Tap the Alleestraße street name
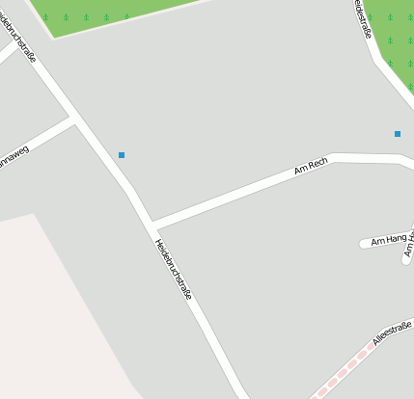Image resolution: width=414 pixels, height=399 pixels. click(x=392, y=333)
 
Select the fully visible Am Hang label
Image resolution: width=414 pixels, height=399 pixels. click(x=389, y=239)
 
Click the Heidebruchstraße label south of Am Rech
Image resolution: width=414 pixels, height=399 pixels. click(x=173, y=269)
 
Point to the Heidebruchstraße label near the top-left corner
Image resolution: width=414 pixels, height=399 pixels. click(x=20, y=34)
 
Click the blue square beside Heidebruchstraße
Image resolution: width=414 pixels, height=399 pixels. click(x=122, y=155)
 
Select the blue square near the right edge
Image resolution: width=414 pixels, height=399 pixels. click(x=398, y=134)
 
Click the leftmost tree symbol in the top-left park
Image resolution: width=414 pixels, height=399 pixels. click(x=45, y=17)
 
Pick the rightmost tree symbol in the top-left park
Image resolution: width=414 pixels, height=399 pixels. click(x=126, y=16)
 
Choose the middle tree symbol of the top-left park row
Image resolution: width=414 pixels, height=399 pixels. click(x=86, y=17)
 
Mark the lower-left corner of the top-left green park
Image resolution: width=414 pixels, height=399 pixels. click(x=54, y=37)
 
